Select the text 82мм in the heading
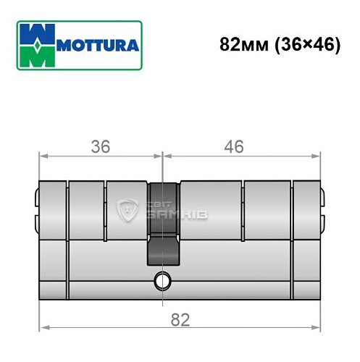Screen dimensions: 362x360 pyautogui.click(x=244, y=44)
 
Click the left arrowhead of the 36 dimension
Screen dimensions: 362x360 pyautogui.click(x=42, y=155)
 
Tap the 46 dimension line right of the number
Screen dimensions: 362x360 pyautogui.click(x=282, y=155)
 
